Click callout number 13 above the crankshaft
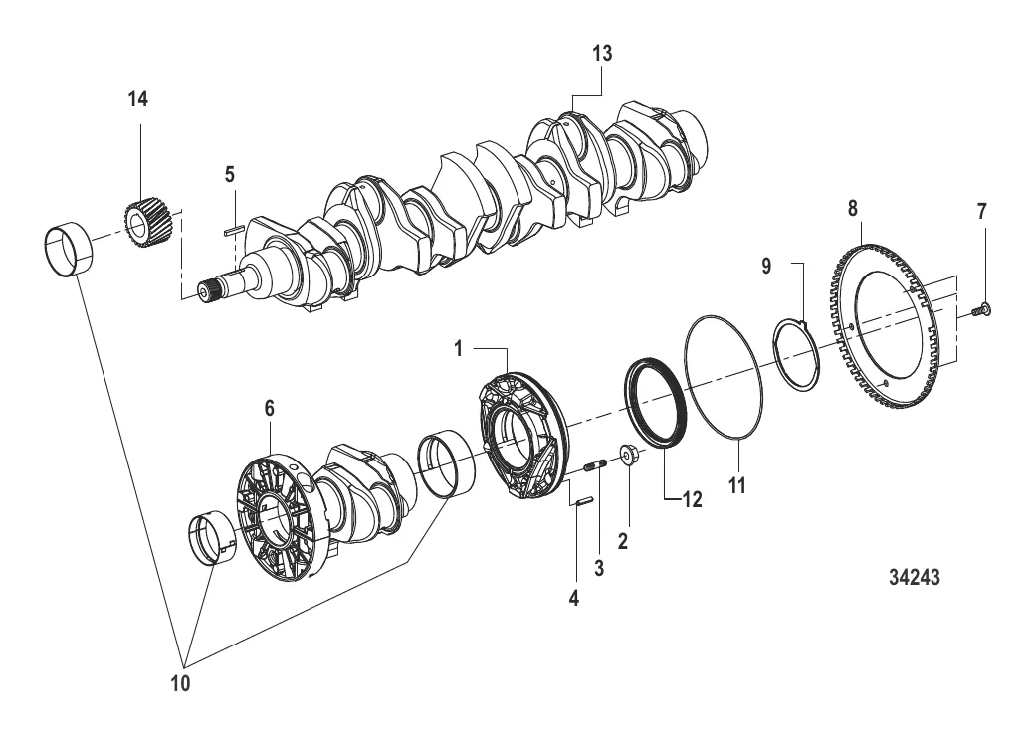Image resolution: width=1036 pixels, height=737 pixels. (x=602, y=53)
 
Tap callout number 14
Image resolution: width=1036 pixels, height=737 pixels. (x=138, y=99)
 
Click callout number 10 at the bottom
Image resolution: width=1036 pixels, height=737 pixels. (x=180, y=683)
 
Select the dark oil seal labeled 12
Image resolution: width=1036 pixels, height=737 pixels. (x=656, y=402)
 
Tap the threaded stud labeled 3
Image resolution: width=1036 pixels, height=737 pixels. (x=595, y=466)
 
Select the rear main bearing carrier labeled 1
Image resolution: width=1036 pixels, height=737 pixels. (x=522, y=436)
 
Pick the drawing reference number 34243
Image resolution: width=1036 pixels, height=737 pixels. (x=914, y=577)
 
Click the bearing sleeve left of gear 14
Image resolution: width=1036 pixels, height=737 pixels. (x=68, y=251)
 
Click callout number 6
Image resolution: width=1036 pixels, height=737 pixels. (x=269, y=409)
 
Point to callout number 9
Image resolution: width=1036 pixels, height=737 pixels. (x=766, y=267)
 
